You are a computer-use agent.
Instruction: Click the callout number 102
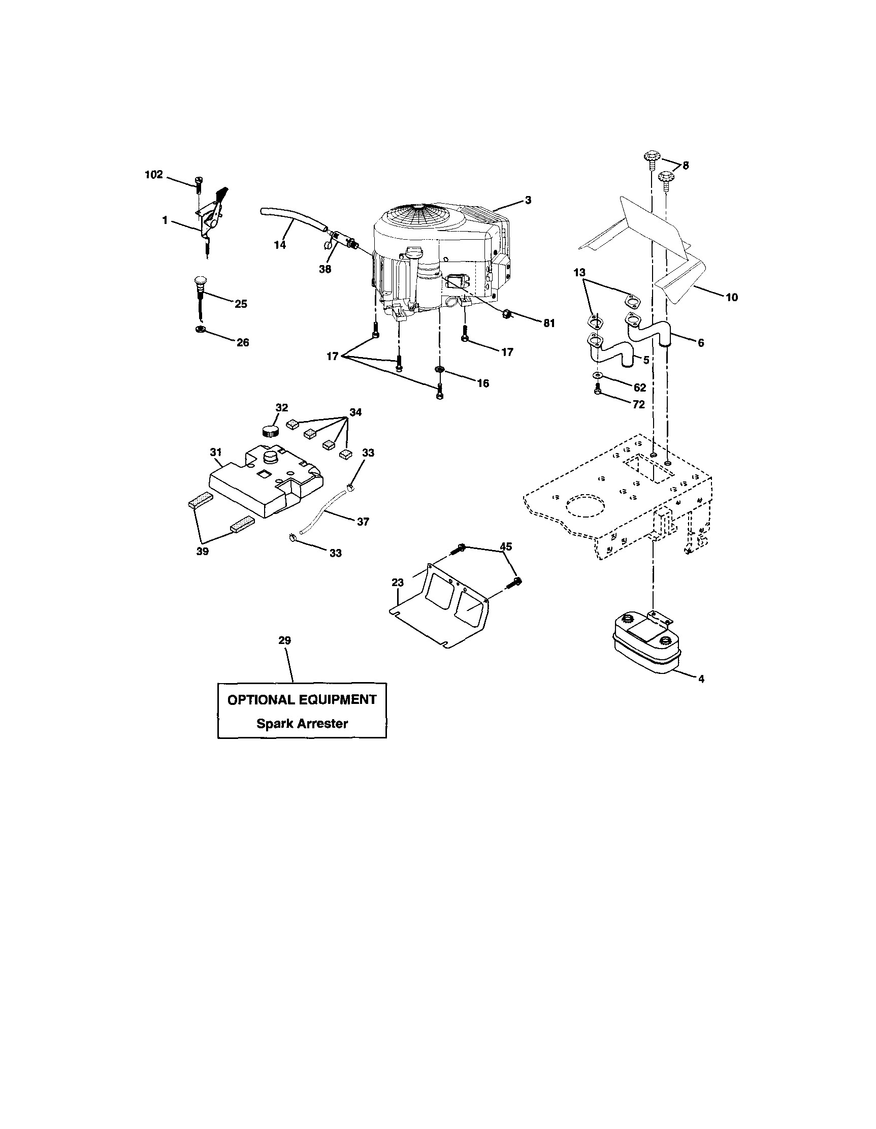(153, 175)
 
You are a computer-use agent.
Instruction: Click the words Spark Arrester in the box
(302, 723)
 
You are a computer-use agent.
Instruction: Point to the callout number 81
(548, 323)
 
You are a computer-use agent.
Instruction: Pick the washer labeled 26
(199, 329)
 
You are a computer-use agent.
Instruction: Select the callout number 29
(284, 640)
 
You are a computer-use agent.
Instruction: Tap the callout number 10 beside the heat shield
(731, 297)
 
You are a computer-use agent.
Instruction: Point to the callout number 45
(506, 546)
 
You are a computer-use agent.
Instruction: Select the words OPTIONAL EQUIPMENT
(302, 699)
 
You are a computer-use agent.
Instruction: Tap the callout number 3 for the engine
(527, 200)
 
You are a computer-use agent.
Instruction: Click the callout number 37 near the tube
(363, 522)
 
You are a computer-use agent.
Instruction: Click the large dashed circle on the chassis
(585, 505)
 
